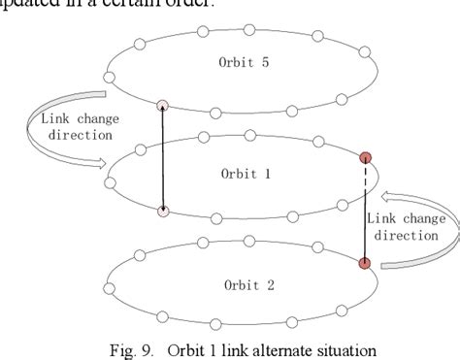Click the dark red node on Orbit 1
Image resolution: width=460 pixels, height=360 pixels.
[366, 157]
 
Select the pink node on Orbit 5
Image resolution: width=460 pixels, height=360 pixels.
[163, 106]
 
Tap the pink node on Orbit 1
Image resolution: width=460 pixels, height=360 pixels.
[163, 211]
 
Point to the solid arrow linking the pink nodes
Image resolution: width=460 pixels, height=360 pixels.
[163, 158]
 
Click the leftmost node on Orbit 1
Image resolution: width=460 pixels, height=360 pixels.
[113, 178]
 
